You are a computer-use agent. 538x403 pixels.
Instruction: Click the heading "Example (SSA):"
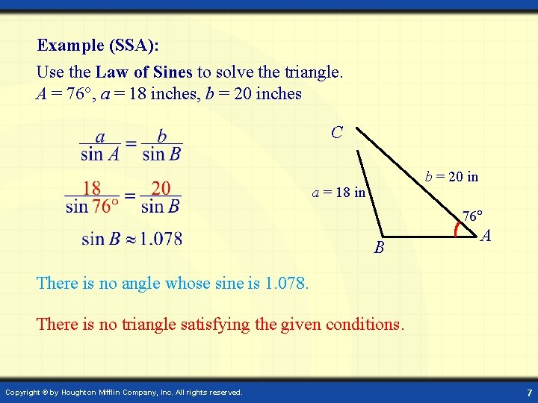click(98, 46)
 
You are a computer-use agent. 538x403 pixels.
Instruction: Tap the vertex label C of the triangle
click(337, 133)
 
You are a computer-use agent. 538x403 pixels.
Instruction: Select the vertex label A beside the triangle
click(486, 237)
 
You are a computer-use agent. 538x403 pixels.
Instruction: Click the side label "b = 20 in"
click(452, 177)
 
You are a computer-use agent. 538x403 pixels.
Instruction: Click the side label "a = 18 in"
click(339, 193)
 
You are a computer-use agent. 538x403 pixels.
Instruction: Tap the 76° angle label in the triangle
click(472, 217)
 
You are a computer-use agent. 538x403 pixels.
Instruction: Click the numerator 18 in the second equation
click(92, 188)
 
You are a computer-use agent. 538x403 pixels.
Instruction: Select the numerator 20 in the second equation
click(161, 188)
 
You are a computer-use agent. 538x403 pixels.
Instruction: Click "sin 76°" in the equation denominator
click(92, 206)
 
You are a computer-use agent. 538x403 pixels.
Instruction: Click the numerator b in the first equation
click(161, 138)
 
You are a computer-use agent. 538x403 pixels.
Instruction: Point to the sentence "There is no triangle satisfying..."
click(220, 325)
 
